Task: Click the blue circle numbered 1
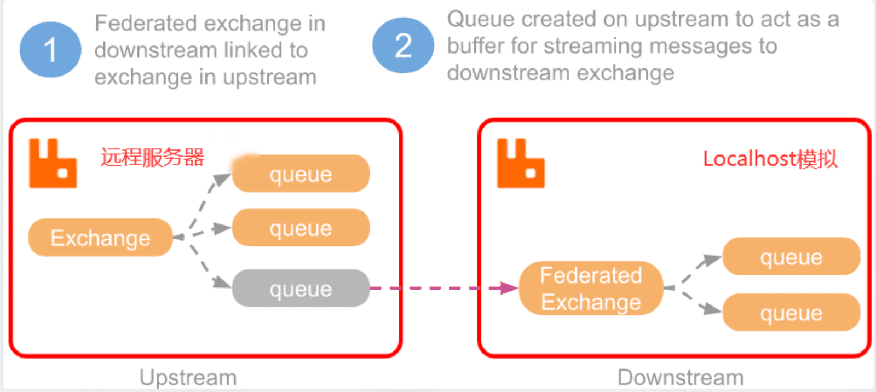tap(50, 50)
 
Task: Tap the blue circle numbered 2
tap(403, 45)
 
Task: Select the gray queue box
tap(301, 288)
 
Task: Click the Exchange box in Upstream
tap(101, 238)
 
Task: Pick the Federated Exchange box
tap(591, 288)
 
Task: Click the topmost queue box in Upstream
tap(301, 174)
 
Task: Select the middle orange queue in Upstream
tap(301, 227)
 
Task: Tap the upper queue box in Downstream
tap(791, 256)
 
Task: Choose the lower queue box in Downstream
tap(791, 312)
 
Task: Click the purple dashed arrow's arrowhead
tap(509, 288)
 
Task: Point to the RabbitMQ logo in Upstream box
tap(53, 163)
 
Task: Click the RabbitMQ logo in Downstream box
tap(521, 163)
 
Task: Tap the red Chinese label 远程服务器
tap(153, 157)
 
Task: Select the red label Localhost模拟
tap(770, 159)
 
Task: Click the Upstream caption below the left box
tap(188, 378)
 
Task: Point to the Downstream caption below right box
tap(681, 378)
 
